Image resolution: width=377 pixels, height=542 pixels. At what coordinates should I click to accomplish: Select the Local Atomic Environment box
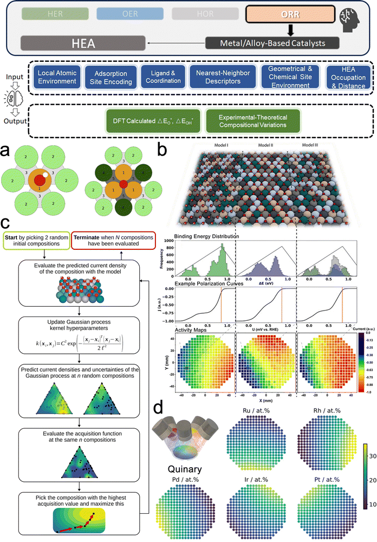59,78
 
